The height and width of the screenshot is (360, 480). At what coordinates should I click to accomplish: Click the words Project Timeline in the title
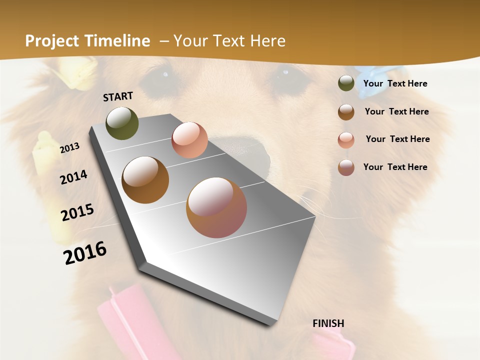click(x=87, y=41)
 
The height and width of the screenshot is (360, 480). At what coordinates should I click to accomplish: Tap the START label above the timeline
click(x=118, y=96)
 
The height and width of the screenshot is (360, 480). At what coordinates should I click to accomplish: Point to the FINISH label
click(x=328, y=323)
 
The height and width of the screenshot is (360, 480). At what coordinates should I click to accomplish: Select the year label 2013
click(x=70, y=148)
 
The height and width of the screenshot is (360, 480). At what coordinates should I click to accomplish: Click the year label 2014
click(x=74, y=177)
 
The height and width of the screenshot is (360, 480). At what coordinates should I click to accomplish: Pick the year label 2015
click(x=77, y=212)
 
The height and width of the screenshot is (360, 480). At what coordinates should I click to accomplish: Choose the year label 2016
click(x=85, y=252)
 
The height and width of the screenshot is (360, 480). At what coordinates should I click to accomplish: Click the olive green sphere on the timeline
click(x=122, y=123)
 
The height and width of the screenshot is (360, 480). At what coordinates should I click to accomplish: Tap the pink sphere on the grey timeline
click(x=189, y=140)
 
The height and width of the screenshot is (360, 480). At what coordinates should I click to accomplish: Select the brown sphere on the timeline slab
click(x=145, y=180)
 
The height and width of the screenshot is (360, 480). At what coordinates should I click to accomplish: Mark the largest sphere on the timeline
click(x=216, y=207)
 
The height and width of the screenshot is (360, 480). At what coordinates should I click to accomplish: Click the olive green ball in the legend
click(x=346, y=83)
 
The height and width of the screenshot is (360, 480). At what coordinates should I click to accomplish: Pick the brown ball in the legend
click(x=346, y=112)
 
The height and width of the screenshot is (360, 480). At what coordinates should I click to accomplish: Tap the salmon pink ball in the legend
click(x=346, y=140)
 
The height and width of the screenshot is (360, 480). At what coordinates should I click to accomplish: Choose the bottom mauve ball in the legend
click(x=346, y=167)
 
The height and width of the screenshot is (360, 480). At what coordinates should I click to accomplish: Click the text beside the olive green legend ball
click(x=395, y=83)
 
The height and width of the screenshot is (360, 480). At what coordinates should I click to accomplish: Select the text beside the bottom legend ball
click(x=395, y=167)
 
